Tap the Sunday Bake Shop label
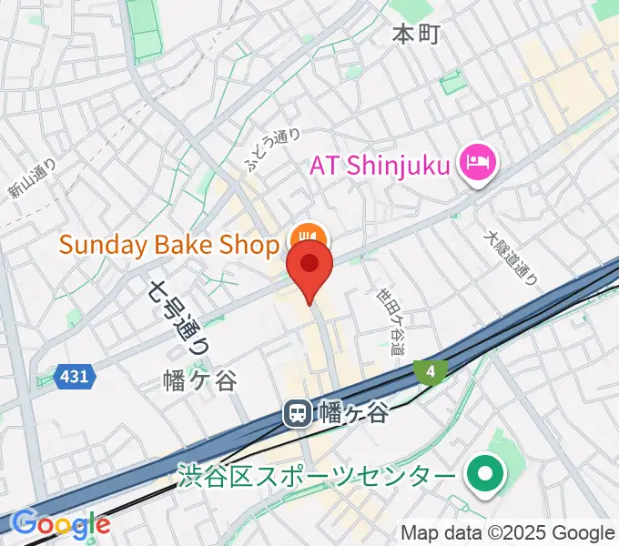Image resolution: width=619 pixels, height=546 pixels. pyautogui.click(x=168, y=245)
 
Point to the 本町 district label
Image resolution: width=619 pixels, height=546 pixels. pyautogui.click(x=416, y=35)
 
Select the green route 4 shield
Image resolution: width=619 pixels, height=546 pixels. pyautogui.click(x=430, y=369)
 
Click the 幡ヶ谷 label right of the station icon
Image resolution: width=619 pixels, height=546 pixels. pyautogui.click(x=354, y=414)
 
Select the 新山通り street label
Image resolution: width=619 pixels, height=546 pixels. pyautogui.click(x=33, y=179)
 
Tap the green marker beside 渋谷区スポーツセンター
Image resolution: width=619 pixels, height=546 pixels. pyautogui.click(x=484, y=475)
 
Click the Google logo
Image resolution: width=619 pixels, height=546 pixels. pyautogui.click(x=61, y=524)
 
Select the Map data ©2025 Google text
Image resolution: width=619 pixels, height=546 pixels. pyautogui.click(x=508, y=532)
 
